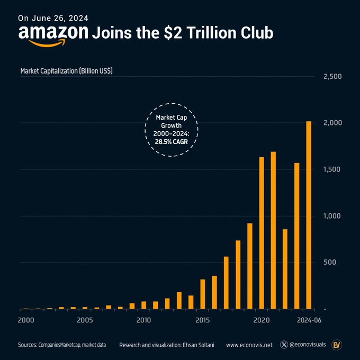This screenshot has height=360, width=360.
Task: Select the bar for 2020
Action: point(262,233)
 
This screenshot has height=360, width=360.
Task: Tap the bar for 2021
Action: point(273,230)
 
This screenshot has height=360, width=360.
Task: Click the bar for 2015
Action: point(202,294)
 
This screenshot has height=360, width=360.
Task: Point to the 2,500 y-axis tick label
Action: point(332,77)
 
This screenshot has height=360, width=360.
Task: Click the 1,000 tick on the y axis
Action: point(332,216)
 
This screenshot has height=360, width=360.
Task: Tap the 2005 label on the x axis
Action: point(85,320)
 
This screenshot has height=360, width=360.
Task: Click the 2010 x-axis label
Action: point(143,320)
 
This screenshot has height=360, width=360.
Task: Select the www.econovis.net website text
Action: point(249,345)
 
